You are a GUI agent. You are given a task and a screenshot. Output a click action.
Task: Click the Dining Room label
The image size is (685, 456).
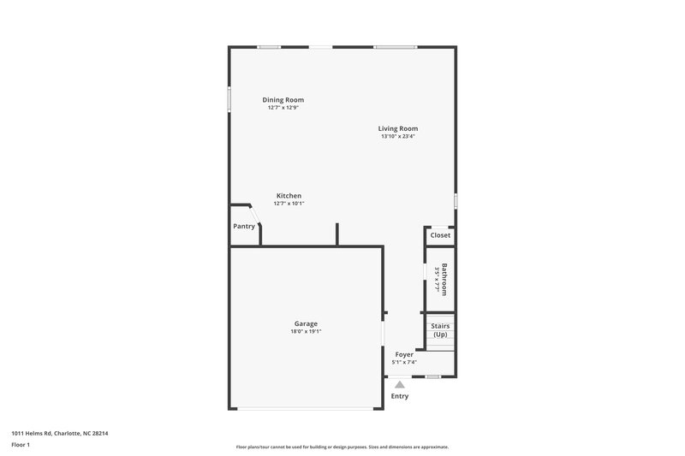pos(283,100)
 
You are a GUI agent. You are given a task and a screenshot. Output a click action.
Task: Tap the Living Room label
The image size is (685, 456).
pos(398,128)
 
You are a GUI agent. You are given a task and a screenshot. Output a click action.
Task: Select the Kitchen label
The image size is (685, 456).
pos(289,196)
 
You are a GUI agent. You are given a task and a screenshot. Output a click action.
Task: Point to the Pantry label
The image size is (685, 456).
pos(244,227)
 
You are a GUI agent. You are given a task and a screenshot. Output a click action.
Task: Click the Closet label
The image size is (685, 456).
pos(440,235)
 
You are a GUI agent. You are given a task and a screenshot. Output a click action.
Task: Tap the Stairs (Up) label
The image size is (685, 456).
pos(440,330)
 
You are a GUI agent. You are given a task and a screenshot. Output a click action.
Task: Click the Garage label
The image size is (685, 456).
pos(306,323)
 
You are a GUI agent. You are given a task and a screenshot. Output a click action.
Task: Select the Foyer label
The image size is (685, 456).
pos(404,354)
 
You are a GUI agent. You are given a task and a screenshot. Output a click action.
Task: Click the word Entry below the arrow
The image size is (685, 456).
pos(400,396)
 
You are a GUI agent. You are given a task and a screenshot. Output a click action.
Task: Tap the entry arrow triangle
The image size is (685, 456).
pos(400,384)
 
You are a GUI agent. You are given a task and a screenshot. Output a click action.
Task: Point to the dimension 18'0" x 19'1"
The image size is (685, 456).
pos(306,331)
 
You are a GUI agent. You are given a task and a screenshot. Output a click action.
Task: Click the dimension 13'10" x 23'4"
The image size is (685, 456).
pos(398,136)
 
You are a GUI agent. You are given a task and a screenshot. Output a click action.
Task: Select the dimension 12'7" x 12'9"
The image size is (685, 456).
pos(283,108)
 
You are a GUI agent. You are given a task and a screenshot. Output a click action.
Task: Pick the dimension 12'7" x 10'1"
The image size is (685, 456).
pos(289,204)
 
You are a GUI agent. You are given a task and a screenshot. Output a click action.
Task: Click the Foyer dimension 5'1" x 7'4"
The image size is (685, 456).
pos(404,362)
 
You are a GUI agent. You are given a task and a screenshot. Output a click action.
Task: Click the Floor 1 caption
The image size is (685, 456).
pos(21,445)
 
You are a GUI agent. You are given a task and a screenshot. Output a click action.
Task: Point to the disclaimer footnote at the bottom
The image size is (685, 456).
pos(342,447)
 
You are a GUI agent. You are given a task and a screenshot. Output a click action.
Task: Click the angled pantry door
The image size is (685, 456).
pos(255,214)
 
